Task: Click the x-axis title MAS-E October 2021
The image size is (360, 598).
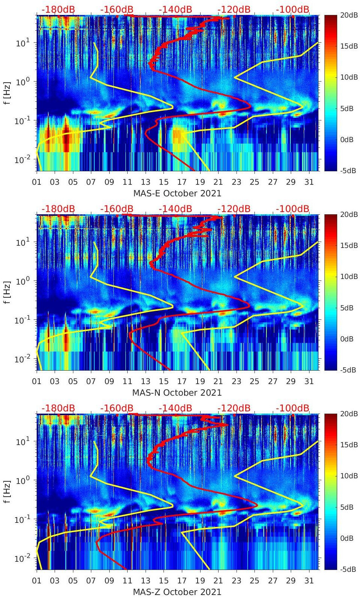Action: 177,193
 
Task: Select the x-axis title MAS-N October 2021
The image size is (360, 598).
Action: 177,393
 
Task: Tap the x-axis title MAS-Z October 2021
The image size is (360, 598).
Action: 177,592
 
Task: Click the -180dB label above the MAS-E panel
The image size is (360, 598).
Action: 58,9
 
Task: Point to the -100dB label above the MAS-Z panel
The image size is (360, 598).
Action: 293,408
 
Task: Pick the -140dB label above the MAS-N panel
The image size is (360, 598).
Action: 175,209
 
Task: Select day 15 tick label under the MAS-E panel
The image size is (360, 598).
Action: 164,182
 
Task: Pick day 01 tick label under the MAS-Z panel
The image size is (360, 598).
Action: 37,581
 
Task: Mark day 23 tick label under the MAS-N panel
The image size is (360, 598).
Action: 236,381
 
